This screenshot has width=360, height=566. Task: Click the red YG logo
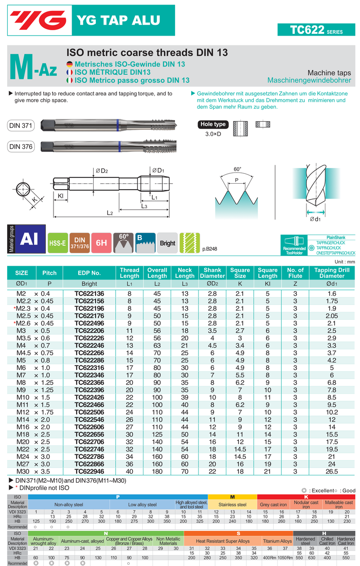(39, 20)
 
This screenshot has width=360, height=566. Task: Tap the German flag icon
(69, 64)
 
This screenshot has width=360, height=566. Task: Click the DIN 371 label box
(21, 126)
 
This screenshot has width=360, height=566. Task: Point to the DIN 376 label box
(21, 146)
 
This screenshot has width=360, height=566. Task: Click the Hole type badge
(213, 124)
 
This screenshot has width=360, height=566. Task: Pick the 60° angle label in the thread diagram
(237, 169)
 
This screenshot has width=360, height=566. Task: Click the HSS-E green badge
(57, 243)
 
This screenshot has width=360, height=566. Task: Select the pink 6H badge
(101, 243)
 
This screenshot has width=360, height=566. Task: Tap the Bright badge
(167, 243)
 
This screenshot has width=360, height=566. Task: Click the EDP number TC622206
(89, 331)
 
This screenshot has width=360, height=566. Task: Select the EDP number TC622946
(89, 471)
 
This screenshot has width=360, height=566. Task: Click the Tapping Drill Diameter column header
(332, 273)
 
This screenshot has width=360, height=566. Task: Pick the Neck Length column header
(184, 273)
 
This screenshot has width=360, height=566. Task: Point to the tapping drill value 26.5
(332, 471)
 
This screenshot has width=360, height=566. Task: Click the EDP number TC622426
(89, 397)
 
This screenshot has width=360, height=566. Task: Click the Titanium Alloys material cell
(277, 541)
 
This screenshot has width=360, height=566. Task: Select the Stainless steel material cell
(232, 505)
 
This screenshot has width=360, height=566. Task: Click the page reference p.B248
(210, 249)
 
